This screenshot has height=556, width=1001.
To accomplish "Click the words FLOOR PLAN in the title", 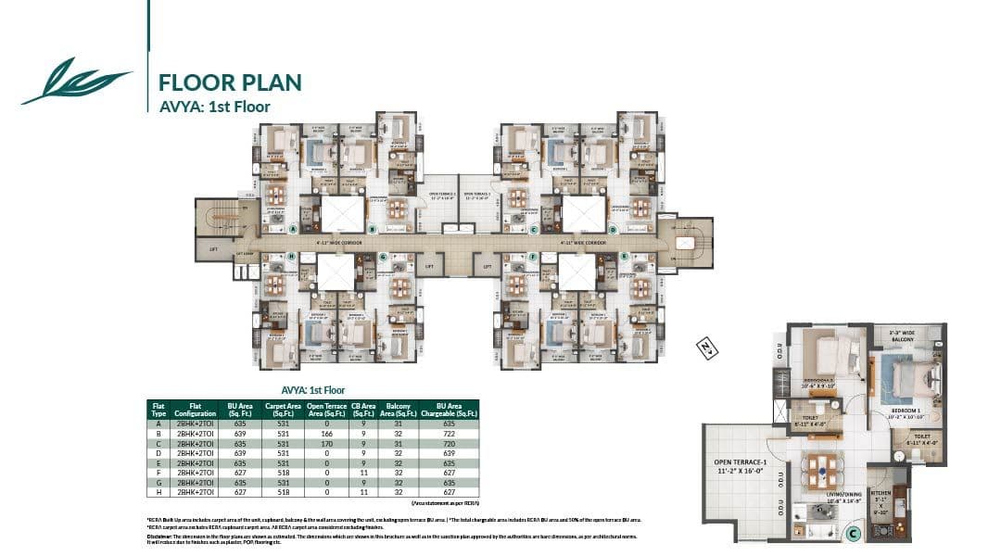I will [x=231, y=82].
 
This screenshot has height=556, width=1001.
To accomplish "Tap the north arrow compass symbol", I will [x=707, y=348].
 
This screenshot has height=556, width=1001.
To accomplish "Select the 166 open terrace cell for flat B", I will [x=326, y=433].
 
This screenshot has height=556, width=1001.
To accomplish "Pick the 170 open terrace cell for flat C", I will [x=326, y=443].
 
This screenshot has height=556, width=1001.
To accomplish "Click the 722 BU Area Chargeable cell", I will [x=448, y=433].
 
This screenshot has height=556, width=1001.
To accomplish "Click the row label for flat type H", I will [x=158, y=492].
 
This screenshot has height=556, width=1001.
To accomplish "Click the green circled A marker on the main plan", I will [x=293, y=228].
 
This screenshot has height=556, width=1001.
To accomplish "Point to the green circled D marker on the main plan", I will [x=613, y=229].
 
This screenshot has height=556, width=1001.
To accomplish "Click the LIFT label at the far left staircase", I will [x=214, y=249].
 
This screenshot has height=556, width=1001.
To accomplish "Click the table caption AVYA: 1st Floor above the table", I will [x=312, y=390].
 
